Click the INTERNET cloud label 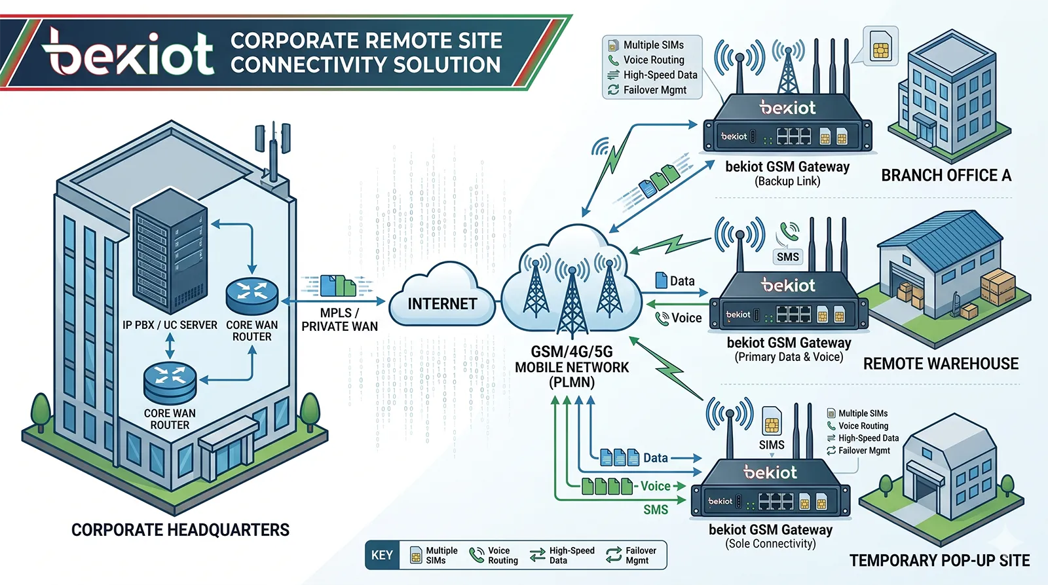pos(442,304)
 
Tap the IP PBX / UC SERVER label pos(170,325)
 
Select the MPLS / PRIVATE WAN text pos(339,320)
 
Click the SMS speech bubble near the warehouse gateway pos(787,257)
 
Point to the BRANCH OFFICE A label pos(946,176)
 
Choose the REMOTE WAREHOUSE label pos(941,364)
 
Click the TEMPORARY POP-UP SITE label pos(939,561)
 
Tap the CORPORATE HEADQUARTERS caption pos(180,530)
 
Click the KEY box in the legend pos(382,556)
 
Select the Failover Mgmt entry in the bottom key pos(631,556)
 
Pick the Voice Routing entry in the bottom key pos(494,556)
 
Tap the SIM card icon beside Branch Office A pos(880,46)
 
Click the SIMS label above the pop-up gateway pos(772,445)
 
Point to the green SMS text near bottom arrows pos(655,510)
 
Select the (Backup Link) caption pos(787,181)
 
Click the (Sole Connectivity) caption pos(770,544)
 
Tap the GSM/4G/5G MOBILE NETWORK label pos(572,367)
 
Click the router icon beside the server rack pos(252,294)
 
